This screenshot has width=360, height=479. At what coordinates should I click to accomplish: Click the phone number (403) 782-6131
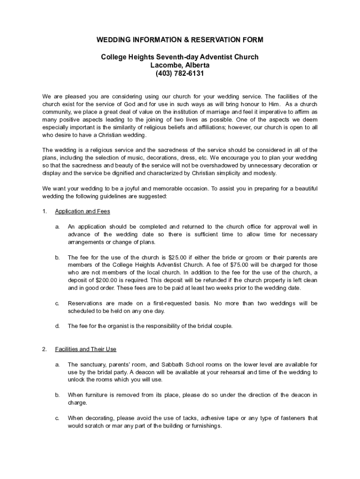[180, 73]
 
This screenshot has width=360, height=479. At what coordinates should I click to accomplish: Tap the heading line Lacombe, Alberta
[180, 65]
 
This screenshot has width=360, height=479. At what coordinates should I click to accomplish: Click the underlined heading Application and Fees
[82, 211]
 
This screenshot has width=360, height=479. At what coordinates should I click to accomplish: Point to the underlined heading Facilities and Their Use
[86, 349]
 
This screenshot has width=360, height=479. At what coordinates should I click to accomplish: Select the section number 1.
[44, 211]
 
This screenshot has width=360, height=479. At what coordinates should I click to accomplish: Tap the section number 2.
[44, 349]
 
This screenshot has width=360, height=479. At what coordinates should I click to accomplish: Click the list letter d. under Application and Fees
[57, 326]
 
